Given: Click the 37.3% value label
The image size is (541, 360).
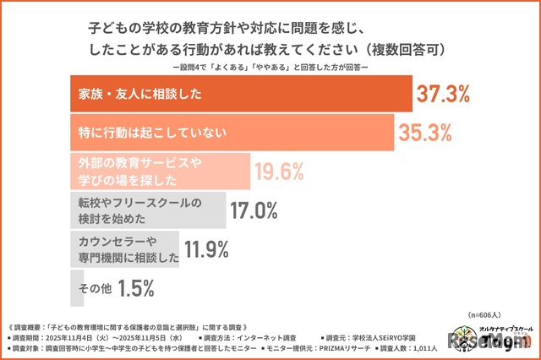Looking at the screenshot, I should [445, 95].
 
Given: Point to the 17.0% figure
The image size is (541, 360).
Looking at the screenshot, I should [259, 210].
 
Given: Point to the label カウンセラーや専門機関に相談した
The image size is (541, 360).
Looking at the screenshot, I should [123, 249].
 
